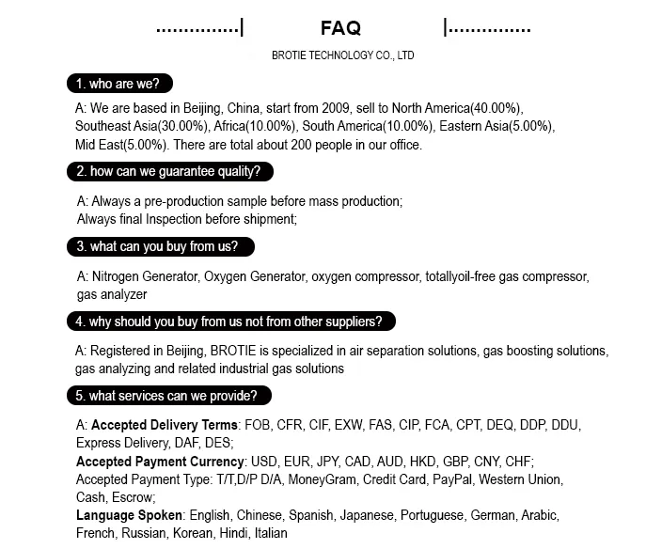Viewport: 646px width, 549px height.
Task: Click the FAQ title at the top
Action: click(x=340, y=28)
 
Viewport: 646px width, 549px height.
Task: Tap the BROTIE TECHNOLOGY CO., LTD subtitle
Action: click(x=342, y=55)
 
